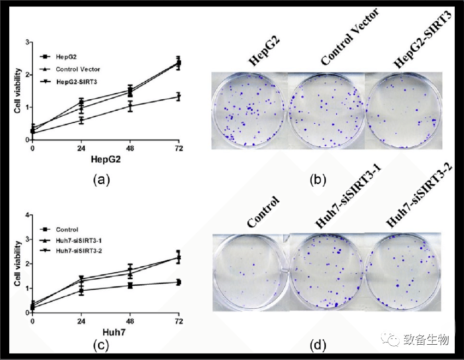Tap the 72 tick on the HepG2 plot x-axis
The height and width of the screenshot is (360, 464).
point(178,148)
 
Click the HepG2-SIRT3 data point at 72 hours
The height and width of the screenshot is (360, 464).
point(178,97)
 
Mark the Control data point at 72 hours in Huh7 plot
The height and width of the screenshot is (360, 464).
point(178,282)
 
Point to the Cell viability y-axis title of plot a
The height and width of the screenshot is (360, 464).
point(18,91)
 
